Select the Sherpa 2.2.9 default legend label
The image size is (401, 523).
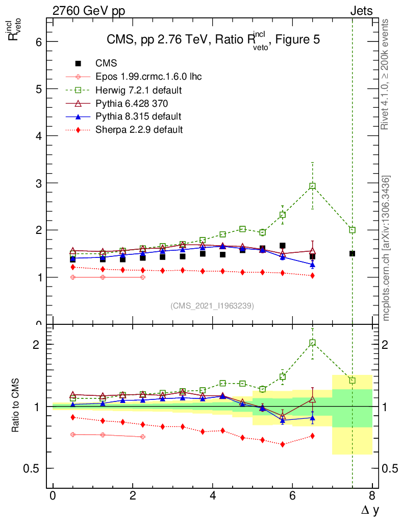coord(139,130)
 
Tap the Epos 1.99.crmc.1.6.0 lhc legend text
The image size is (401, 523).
coord(148,77)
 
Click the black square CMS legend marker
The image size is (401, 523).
coord(78,64)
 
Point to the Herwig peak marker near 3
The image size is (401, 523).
coord(312,186)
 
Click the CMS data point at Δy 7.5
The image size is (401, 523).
coord(352,253)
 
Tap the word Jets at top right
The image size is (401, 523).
coord(361,11)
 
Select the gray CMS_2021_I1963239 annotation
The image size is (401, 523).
coord(212,306)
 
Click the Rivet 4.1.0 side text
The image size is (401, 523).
coord(386,74)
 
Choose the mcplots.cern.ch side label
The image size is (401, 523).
coord(386,248)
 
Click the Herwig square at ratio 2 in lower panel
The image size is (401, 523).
coord(312,343)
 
